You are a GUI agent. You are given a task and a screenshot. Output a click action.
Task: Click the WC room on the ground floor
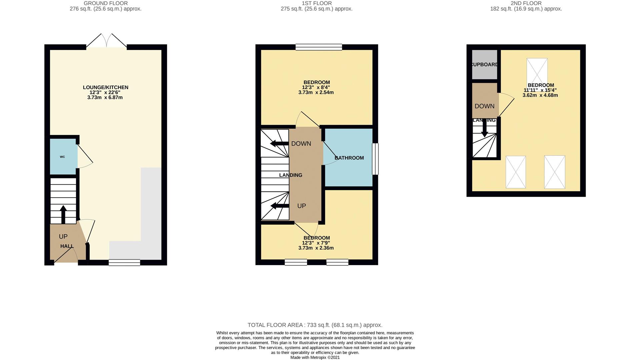coord(63,157)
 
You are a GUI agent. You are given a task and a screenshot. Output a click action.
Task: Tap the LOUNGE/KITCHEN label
coord(105,87)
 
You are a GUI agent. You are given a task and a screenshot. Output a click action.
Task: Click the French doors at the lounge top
coord(107,42)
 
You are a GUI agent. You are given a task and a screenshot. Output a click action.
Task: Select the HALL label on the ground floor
coord(67,246)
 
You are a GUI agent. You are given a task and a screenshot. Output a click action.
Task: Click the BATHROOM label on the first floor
coord(349,158)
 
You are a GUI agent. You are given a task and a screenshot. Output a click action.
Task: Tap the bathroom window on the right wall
coord(375,159)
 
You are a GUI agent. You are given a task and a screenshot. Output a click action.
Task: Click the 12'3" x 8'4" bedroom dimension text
coord(316,87)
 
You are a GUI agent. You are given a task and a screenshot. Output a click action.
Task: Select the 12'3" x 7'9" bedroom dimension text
coord(316,243)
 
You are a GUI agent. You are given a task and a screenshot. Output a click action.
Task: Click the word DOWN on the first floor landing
coord(301,144)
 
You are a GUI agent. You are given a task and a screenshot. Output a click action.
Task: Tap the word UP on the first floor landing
coord(301,206)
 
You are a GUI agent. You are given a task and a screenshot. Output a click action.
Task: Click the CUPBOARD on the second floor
coord(484,64)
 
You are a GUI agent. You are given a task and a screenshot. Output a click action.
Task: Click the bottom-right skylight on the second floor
coord(554,172)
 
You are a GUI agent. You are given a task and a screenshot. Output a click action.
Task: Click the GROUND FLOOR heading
coord(105,3)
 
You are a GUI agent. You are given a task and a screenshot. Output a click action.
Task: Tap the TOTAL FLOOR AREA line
coord(315,325)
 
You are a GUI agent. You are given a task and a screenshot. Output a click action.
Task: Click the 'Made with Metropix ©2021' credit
coord(315,357)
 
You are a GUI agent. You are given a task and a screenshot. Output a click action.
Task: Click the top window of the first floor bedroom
coord(319,47)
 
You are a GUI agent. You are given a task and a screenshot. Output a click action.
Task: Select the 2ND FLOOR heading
coord(526,3)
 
